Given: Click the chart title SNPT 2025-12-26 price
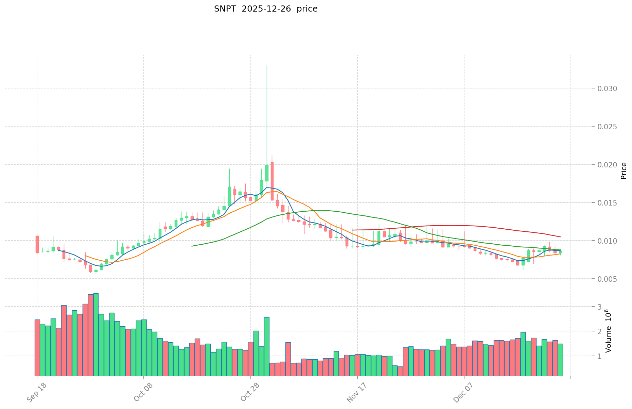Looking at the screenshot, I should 265,9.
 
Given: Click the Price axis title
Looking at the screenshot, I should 624,171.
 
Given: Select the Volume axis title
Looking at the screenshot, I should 609,331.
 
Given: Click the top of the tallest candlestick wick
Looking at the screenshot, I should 267,66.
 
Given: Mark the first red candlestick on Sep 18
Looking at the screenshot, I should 37,244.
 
